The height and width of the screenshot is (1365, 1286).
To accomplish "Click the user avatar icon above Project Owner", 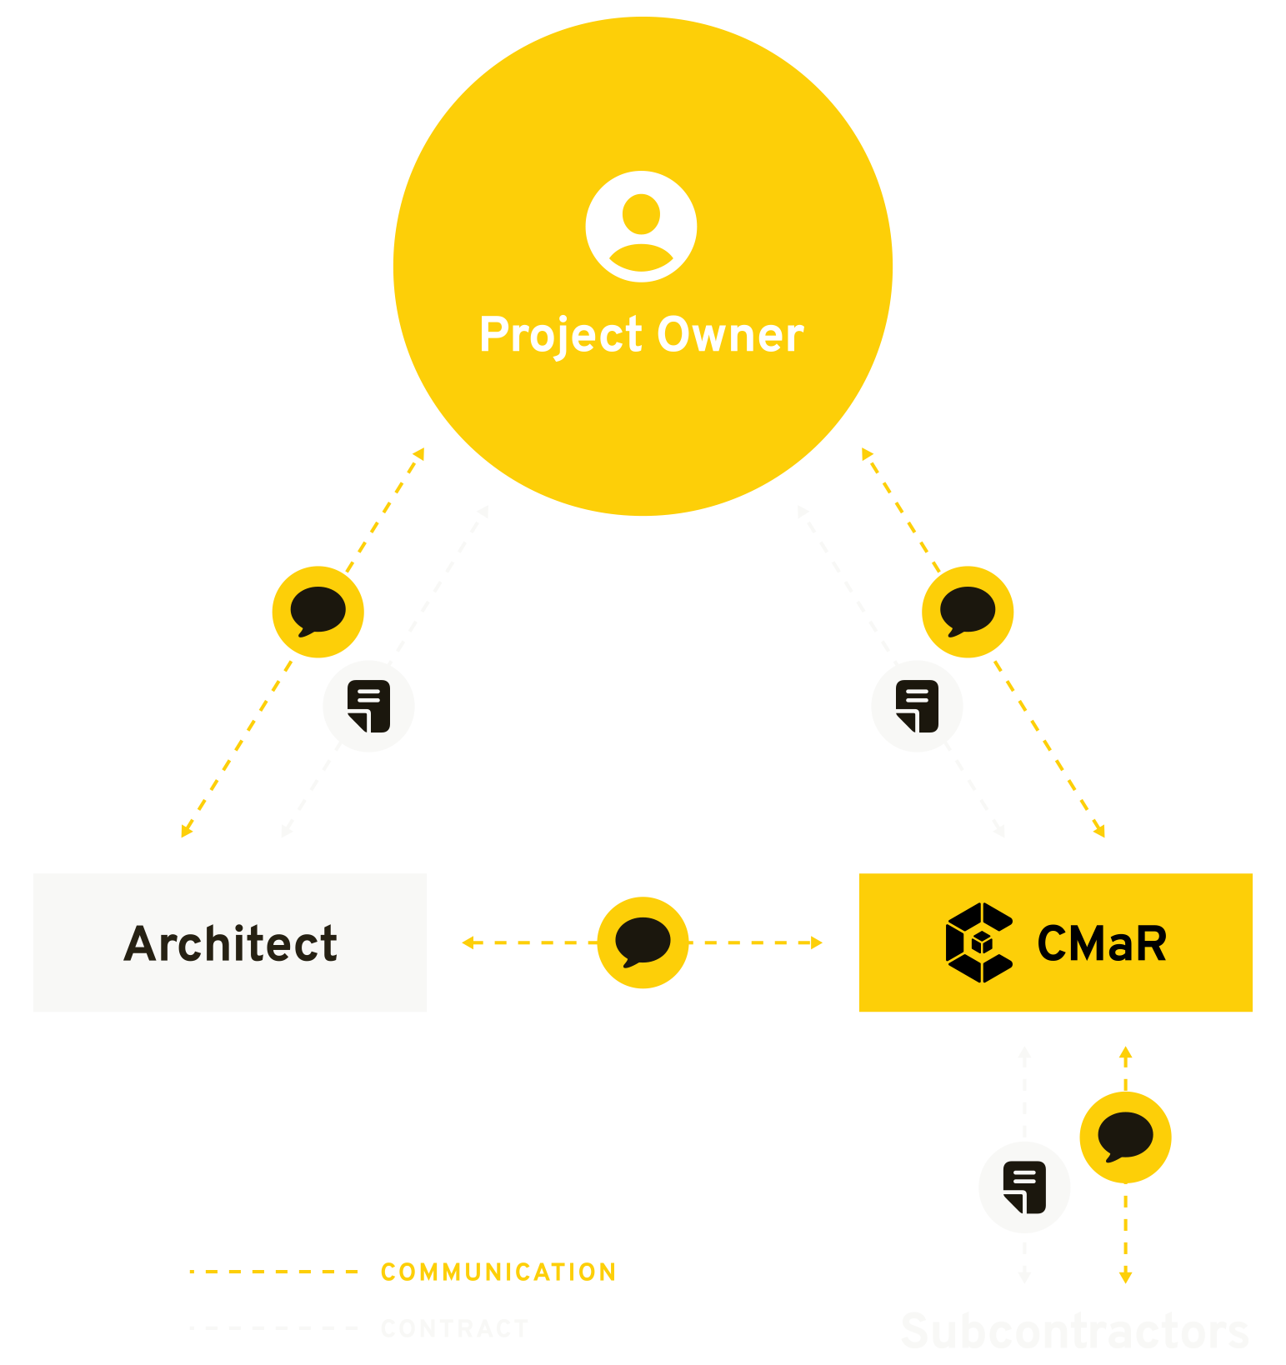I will [x=641, y=227].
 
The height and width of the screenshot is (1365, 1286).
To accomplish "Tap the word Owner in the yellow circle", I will [x=730, y=335].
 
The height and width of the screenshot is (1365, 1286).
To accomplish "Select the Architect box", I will [x=230, y=942].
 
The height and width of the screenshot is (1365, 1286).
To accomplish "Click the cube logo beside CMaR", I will [x=979, y=942].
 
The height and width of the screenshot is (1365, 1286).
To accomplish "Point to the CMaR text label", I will [x=1101, y=943].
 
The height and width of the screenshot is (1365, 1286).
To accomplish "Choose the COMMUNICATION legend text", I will [x=498, y=1272].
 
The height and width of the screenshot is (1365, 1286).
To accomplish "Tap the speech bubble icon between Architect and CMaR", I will [x=643, y=942].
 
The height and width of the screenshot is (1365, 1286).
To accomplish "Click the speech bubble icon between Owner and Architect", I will [x=318, y=612].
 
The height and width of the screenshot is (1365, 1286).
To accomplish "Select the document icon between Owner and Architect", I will [x=368, y=706].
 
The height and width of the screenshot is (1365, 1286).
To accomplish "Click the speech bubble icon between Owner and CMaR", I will [x=968, y=612].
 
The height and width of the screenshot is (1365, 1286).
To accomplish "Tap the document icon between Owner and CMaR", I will [x=917, y=706].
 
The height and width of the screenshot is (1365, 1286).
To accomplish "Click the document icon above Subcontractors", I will [x=1024, y=1187].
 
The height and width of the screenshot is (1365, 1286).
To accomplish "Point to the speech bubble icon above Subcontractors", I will [x=1125, y=1137].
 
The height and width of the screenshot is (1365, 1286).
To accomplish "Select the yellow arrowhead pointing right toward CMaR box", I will [x=818, y=942].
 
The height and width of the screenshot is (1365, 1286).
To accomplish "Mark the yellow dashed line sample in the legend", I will [x=273, y=1272].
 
